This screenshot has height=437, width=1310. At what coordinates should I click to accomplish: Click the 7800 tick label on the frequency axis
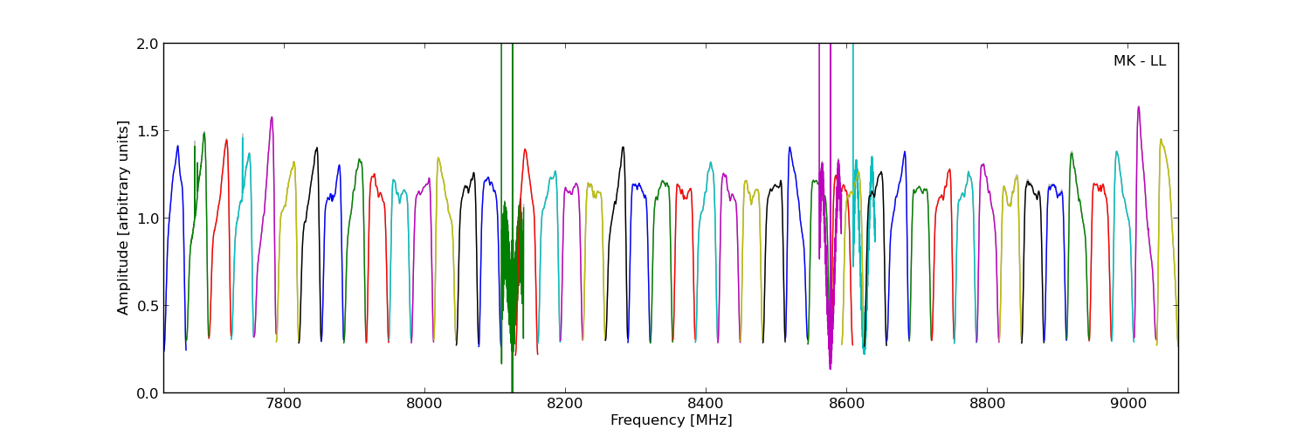(x=283, y=405)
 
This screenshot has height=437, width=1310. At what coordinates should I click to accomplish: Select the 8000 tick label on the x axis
(x=424, y=405)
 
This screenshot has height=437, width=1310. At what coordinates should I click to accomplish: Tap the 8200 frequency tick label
(x=565, y=405)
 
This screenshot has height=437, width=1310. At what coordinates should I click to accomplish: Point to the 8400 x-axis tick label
(x=706, y=405)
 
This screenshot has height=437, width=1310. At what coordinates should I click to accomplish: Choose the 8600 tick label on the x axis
(x=846, y=405)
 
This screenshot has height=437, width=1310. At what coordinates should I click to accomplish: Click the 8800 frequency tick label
(x=987, y=405)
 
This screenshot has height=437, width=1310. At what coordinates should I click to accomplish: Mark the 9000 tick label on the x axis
(x=1128, y=405)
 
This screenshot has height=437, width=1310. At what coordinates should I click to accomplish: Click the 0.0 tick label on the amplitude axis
(x=148, y=393)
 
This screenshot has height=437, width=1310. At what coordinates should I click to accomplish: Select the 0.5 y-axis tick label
(x=148, y=306)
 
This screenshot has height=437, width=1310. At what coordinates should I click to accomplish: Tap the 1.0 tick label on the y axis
(x=148, y=218)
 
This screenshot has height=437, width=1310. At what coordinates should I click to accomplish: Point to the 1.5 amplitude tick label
(x=148, y=131)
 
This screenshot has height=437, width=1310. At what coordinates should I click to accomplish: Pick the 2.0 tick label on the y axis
(x=148, y=44)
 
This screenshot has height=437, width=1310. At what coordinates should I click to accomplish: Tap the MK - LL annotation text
(x=1139, y=61)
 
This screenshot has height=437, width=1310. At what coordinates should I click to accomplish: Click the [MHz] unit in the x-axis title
(x=714, y=420)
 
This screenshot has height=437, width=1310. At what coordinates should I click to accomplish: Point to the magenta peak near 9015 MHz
(x=1138, y=107)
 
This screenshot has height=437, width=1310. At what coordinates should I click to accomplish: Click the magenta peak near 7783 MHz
(x=272, y=117)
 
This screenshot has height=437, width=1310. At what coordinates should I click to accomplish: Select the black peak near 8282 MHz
(x=623, y=147)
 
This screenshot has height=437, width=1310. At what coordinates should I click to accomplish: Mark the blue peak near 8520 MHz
(x=789, y=147)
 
